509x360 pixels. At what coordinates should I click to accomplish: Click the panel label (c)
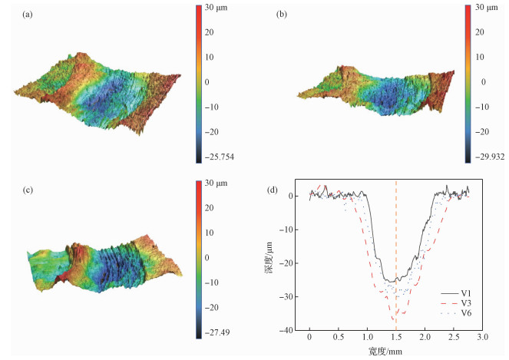tap(28, 186)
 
